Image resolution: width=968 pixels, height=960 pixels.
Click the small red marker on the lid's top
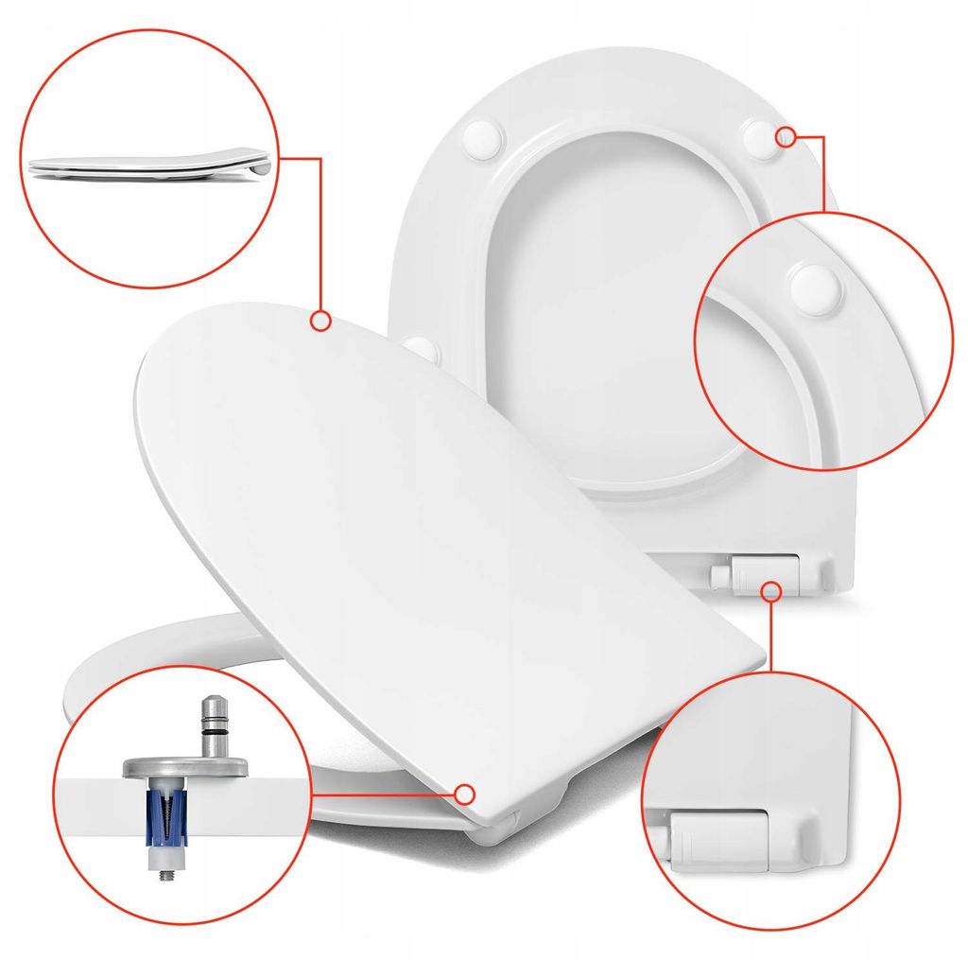click(x=320, y=322)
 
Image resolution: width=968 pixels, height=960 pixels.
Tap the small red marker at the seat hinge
click(x=771, y=592)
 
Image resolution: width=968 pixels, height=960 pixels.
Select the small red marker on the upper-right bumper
click(x=785, y=136)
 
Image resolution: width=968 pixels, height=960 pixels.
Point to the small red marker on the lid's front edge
click(x=464, y=794)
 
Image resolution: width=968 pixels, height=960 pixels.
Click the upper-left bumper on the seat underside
click(x=481, y=138)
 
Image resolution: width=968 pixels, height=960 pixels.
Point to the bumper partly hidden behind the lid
click(x=423, y=348)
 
